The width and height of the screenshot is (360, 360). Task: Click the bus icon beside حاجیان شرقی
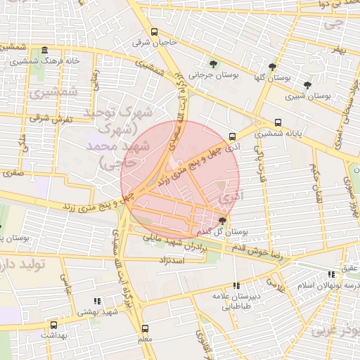[155, 32]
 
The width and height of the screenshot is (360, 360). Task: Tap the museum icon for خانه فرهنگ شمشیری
[45, 51]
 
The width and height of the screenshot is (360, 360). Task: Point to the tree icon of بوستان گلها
[272, 67]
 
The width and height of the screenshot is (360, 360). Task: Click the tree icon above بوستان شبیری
[307, 84]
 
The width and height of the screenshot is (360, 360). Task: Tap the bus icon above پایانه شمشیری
[278, 120]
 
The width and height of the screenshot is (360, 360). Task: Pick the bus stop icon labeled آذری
[233, 136]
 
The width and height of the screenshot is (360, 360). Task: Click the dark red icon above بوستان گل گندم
[223, 220]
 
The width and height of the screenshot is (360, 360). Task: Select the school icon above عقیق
[330, 275]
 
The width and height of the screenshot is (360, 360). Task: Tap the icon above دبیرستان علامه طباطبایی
[236, 285]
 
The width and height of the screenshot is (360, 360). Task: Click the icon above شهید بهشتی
[97, 300]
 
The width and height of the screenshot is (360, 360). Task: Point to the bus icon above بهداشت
[53, 325]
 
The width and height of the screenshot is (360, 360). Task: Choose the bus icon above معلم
[146, 328]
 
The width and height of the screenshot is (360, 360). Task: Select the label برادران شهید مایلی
[178, 241]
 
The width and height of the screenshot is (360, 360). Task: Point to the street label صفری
[13, 171]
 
